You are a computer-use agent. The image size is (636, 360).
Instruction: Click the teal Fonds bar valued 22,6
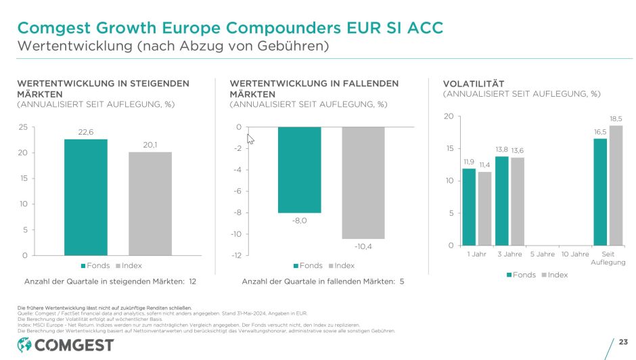86,197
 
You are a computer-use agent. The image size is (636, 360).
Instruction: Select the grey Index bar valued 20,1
150,203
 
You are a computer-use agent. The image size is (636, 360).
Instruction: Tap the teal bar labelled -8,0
299,170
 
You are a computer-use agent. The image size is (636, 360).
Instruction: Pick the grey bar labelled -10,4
363,183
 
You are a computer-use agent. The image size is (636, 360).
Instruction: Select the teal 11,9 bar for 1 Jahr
469,206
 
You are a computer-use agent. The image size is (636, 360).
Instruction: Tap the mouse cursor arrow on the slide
250,139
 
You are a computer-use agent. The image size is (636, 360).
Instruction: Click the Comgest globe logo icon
24,345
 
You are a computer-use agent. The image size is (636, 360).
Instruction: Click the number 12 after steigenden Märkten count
192,281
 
